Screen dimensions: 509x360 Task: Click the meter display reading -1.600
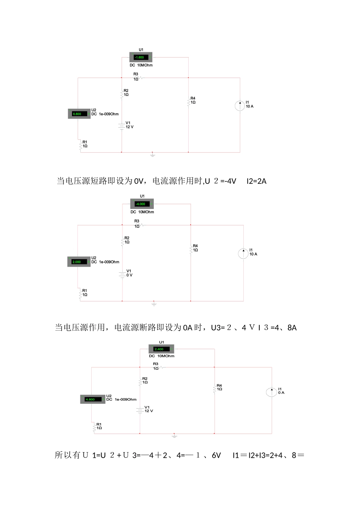click(141, 58)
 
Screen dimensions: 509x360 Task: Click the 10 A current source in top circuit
click(240, 106)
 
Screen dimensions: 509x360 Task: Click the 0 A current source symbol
click(272, 392)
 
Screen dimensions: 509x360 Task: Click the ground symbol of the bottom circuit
click(174, 436)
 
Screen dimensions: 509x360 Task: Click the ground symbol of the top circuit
click(152, 155)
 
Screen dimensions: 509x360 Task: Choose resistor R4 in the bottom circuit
click(215, 388)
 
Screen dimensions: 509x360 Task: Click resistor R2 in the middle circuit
click(122, 241)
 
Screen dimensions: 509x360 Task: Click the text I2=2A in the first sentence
click(257, 181)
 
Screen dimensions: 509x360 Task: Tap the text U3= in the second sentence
click(218, 328)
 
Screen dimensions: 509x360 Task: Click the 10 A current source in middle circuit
click(243, 253)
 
